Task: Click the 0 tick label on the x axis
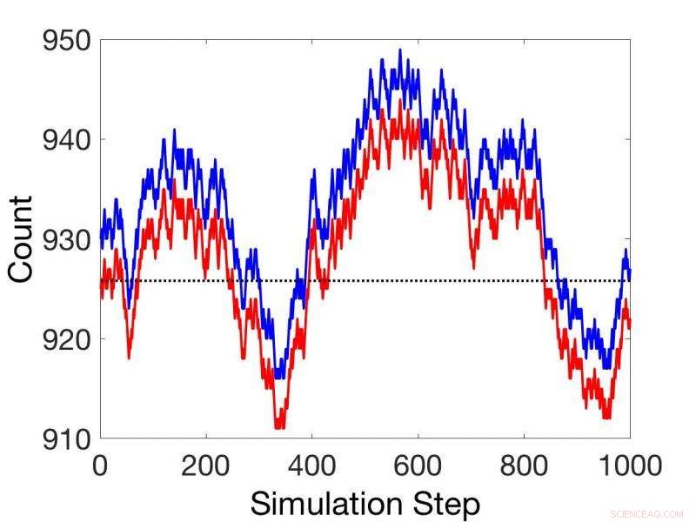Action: point(100,465)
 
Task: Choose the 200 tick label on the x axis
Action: point(206,465)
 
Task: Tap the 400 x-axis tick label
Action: point(312,465)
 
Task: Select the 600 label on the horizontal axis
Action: point(418,465)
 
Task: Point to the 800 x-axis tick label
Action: point(525,465)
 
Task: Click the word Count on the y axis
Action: point(21,238)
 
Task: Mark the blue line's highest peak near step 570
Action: point(400,50)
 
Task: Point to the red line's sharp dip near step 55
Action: point(129,357)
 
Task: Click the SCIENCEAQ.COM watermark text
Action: point(647,513)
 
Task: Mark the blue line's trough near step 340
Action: point(279,376)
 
